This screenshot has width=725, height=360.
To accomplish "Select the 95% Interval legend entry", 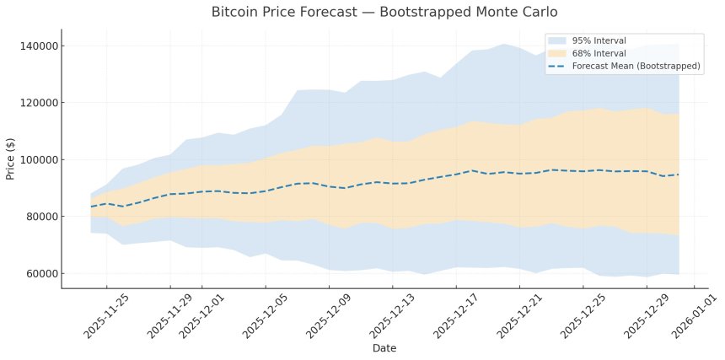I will click(599, 40).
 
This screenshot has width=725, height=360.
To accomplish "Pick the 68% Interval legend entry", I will click(599, 53).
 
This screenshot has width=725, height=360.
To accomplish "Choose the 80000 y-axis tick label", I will click(35, 217).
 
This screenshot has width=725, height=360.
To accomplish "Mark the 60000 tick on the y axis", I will click(35, 273).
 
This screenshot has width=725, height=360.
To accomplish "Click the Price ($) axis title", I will click(11, 159).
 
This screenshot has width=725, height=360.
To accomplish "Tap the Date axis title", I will click(384, 347).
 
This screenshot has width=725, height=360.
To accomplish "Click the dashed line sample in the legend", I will click(557, 66).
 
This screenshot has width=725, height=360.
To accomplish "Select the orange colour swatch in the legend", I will click(557, 53).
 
